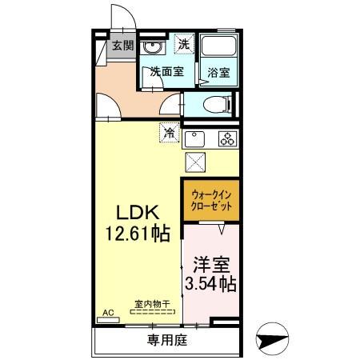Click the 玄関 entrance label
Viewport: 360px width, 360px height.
click(122, 45)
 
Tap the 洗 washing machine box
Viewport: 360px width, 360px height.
click(183, 44)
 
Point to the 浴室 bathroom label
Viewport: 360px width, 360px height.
click(218, 72)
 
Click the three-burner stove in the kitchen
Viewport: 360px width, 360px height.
click(226, 138)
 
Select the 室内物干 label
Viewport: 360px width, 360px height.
click(149, 304)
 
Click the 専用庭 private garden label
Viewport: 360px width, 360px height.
click(166, 341)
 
